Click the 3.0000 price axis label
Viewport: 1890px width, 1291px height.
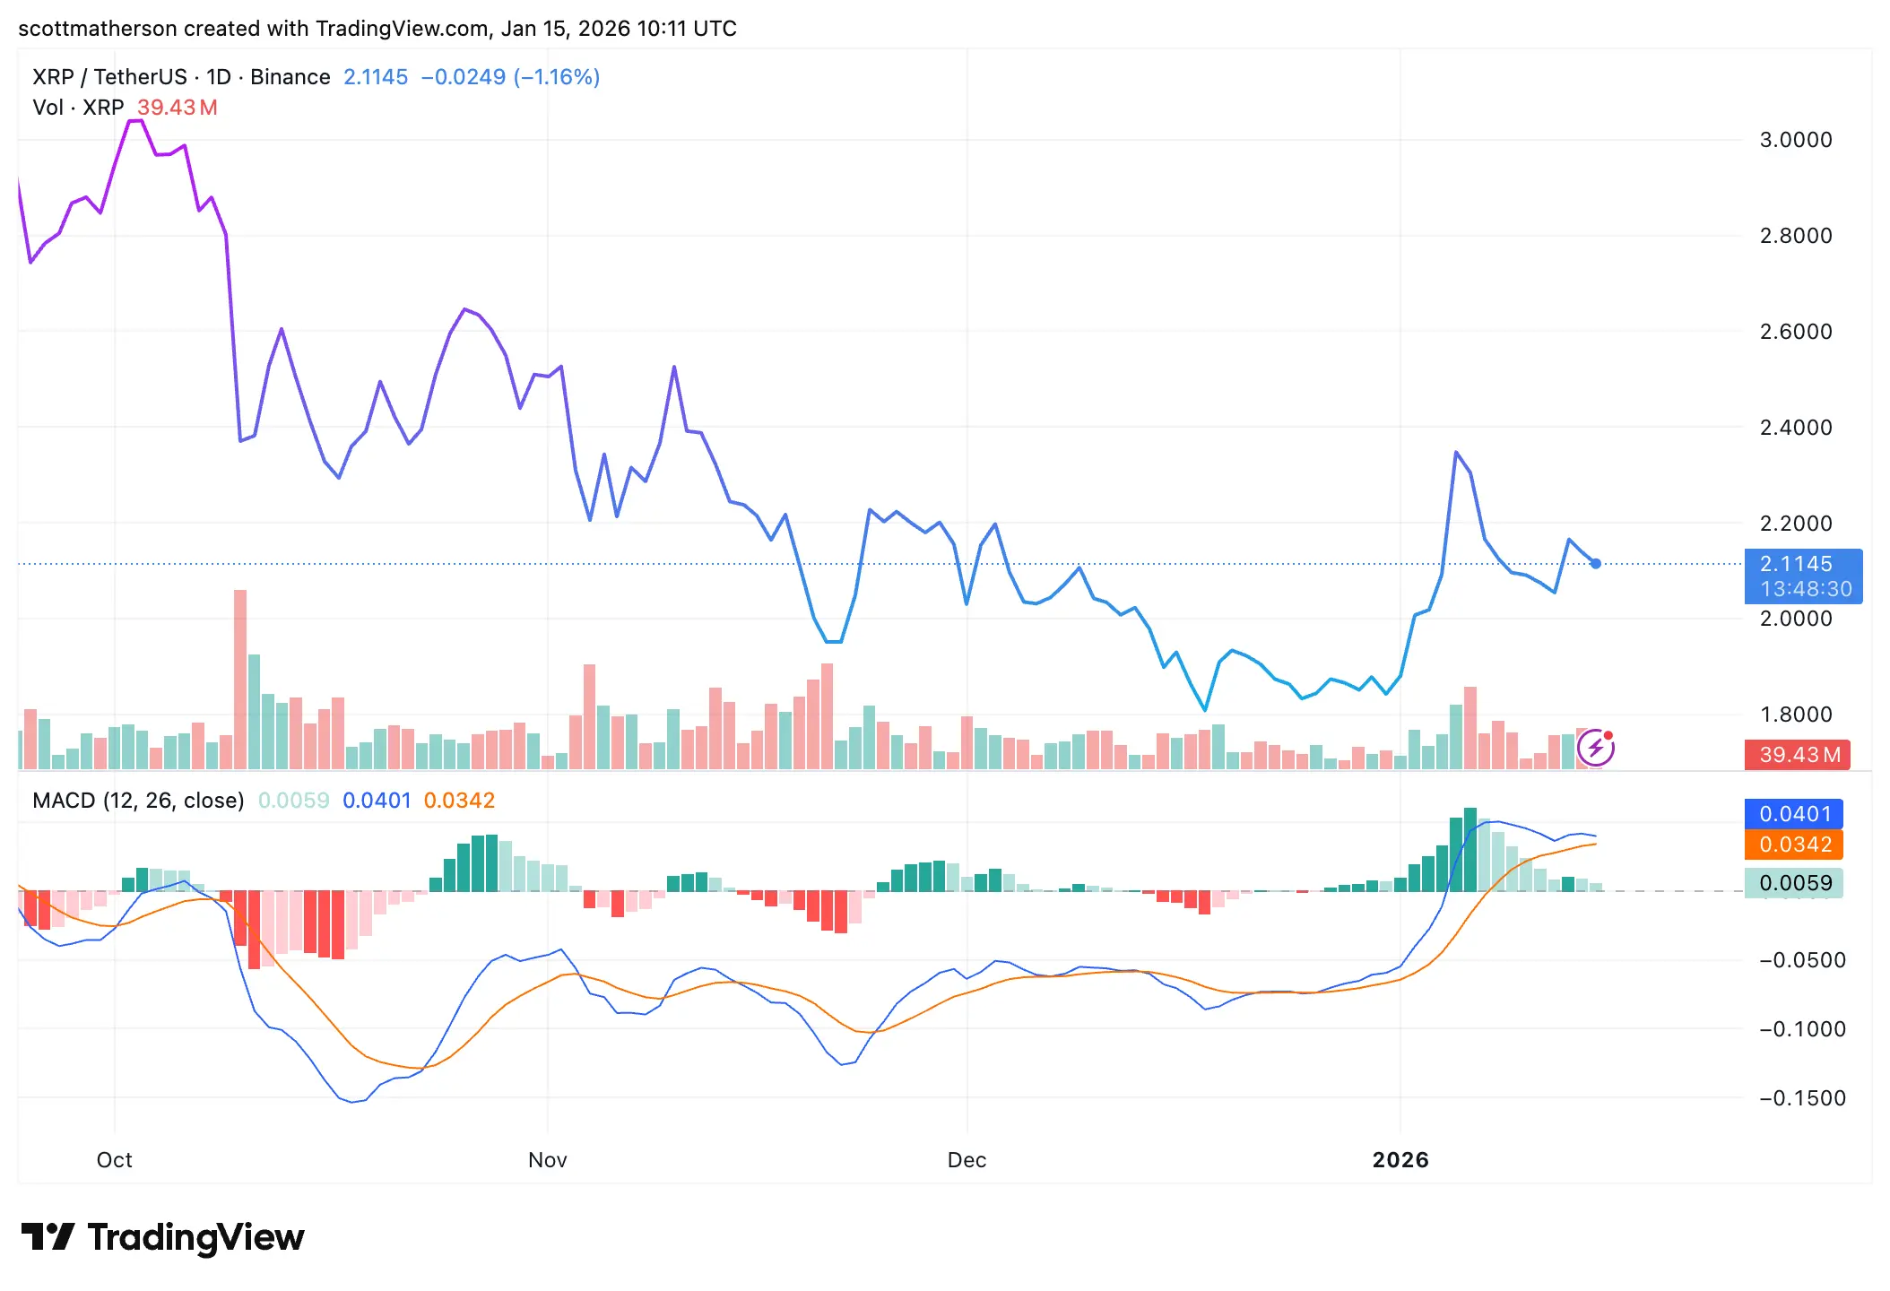[1795, 140]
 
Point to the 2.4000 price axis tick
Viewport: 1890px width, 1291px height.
[1795, 428]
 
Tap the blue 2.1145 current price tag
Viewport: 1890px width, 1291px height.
[1802, 576]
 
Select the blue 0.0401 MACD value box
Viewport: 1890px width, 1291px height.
[1793, 814]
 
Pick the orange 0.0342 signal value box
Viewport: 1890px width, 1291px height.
[1793, 845]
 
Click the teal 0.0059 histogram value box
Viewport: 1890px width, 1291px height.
[1793, 883]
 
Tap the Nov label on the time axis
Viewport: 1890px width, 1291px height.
[547, 1160]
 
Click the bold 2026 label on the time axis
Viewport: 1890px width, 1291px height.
[1400, 1160]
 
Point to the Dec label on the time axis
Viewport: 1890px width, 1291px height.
[967, 1160]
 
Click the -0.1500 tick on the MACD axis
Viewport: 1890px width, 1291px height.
[1802, 1098]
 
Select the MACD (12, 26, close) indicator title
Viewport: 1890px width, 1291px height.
[138, 801]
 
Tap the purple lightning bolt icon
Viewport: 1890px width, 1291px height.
[1596, 748]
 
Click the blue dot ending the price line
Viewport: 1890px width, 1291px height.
[1596, 564]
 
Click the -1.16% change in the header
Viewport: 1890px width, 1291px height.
[556, 77]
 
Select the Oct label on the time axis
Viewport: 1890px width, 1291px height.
[114, 1160]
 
